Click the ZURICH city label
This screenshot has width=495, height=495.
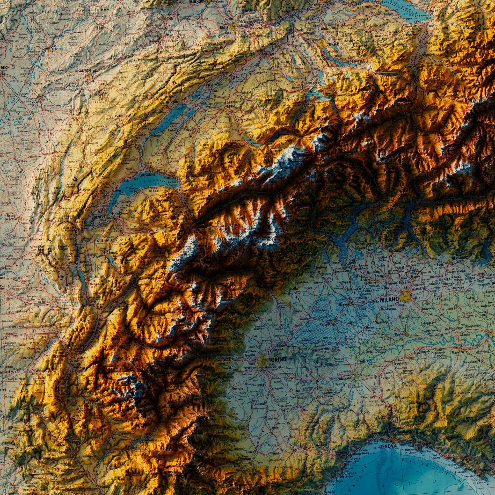point(333,44)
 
